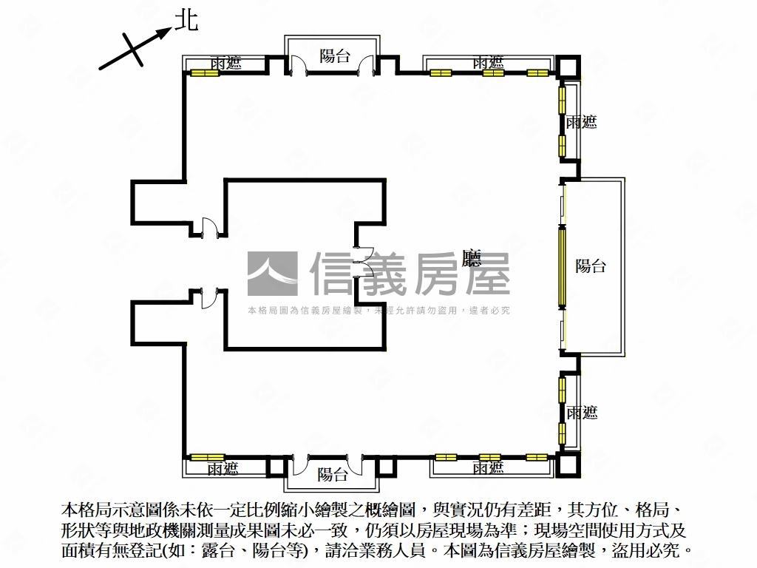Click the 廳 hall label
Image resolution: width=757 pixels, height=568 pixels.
pyautogui.click(x=472, y=258)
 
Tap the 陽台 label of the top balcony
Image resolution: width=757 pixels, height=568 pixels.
pyautogui.click(x=334, y=55)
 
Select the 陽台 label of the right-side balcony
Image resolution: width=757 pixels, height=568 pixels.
pyautogui.click(x=590, y=266)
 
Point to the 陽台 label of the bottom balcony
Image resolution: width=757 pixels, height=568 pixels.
pyautogui.click(x=332, y=474)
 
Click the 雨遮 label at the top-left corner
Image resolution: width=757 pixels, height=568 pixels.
pyautogui.click(x=225, y=63)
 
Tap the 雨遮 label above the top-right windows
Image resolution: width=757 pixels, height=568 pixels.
pyautogui.click(x=488, y=63)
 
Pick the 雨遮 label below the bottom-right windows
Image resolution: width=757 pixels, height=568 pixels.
pyautogui.click(x=488, y=467)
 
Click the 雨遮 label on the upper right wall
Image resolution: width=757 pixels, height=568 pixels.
pyautogui.click(x=581, y=123)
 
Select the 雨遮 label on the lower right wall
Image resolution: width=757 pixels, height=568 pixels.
pyautogui.click(x=581, y=412)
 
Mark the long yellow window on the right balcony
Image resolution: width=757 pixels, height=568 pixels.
pyautogui.click(x=562, y=266)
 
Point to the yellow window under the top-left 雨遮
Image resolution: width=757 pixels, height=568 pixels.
pyautogui.click(x=208, y=73)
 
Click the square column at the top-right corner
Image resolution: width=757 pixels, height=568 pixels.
pyautogui.click(x=568, y=67)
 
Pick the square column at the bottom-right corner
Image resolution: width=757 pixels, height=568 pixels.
pyautogui.click(x=568, y=464)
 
